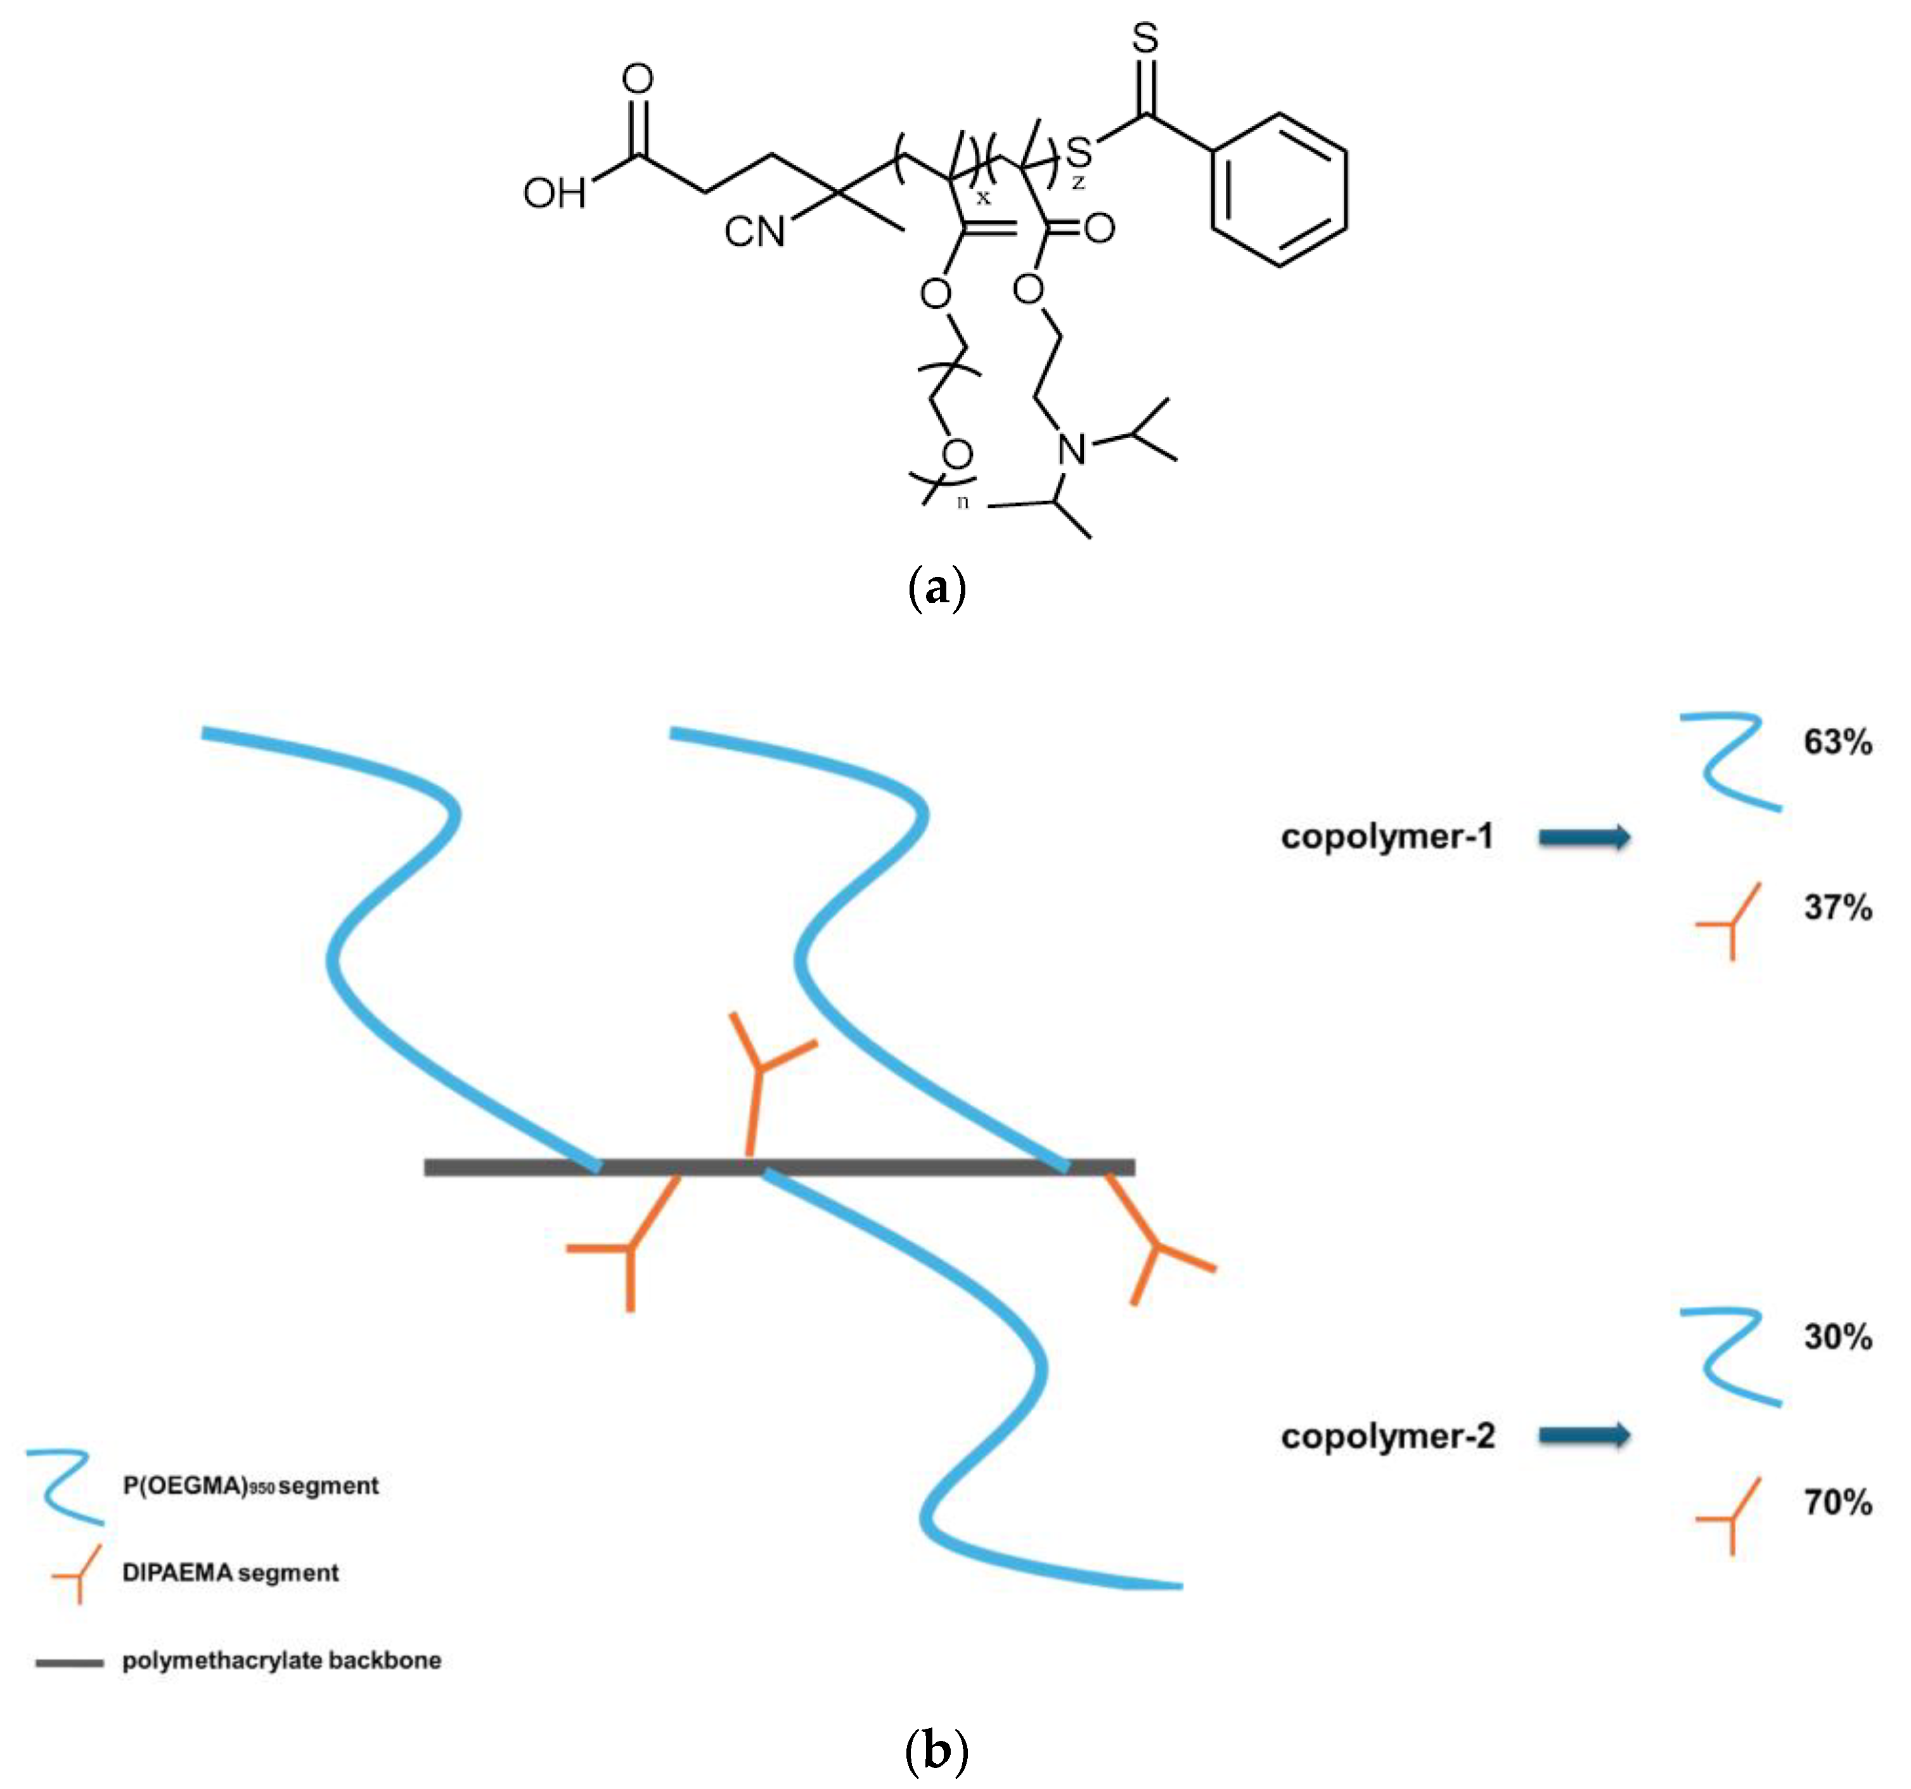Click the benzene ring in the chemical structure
tap(1278, 190)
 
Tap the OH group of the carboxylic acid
tap(554, 194)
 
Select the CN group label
tap(755, 231)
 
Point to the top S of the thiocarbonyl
tap(1145, 39)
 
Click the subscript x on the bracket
tap(982, 198)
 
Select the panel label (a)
tap(936, 588)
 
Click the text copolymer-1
tap(1386, 836)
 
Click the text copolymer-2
tap(1387, 1436)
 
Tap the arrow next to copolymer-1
tap(1584, 837)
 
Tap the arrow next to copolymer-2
tap(1584, 1435)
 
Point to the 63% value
tap(1837, 742)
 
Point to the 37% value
tap(1837, 907)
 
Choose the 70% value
tap(1837, 1502)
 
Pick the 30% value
tap(1837, 1337)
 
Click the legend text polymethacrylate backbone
tap(281, 1661)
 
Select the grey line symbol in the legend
tap(69, 1663)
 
